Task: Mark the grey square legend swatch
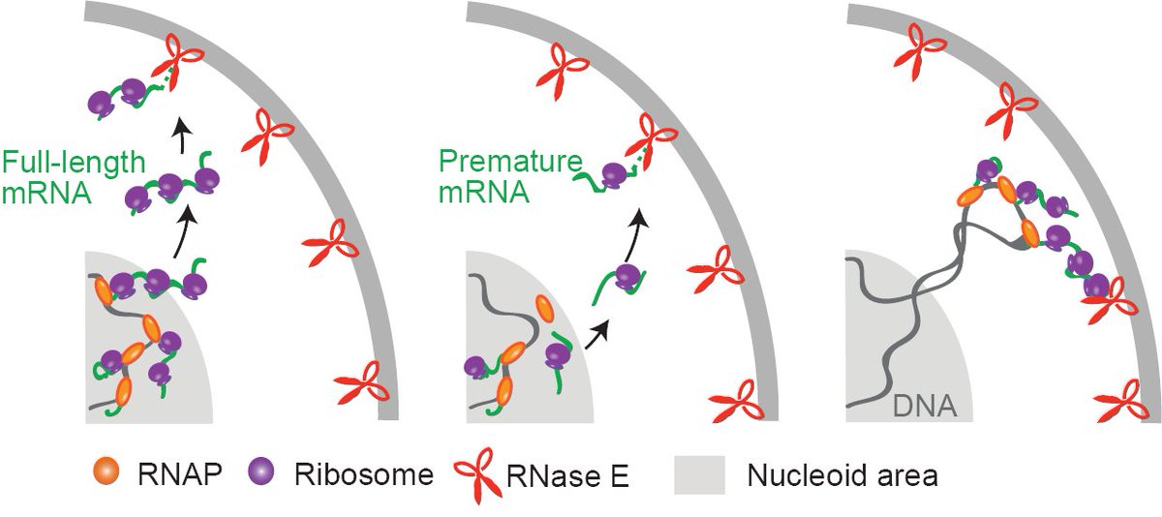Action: pos(693,474)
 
